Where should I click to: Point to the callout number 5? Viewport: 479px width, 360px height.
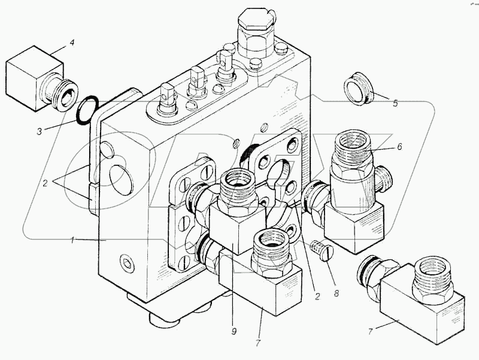click(x=394, y=102)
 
